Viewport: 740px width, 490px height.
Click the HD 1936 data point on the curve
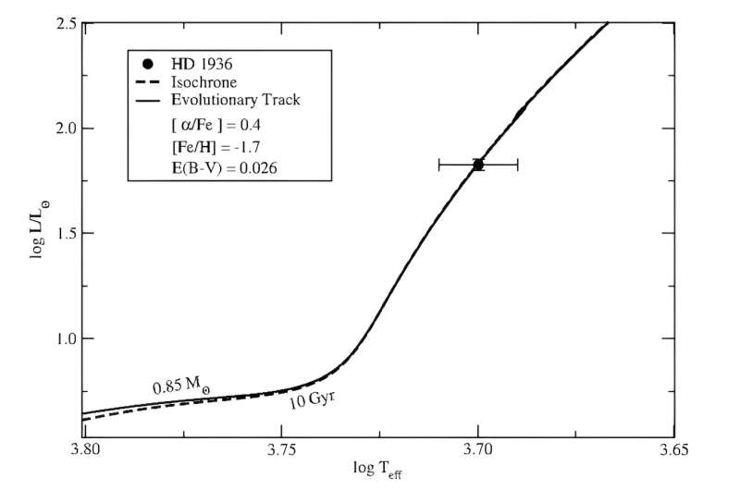(x=477, y=165)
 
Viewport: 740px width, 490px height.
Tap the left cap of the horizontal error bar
(x=438, y=165)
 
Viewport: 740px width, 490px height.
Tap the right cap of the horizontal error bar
(x=517, y=165)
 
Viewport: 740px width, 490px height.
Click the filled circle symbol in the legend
(x=147, y=65)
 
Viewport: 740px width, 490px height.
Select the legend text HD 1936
(x=200, y=65)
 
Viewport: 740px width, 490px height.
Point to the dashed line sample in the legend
(x=146, y=82)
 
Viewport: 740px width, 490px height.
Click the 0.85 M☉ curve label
(x=180, y=386)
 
